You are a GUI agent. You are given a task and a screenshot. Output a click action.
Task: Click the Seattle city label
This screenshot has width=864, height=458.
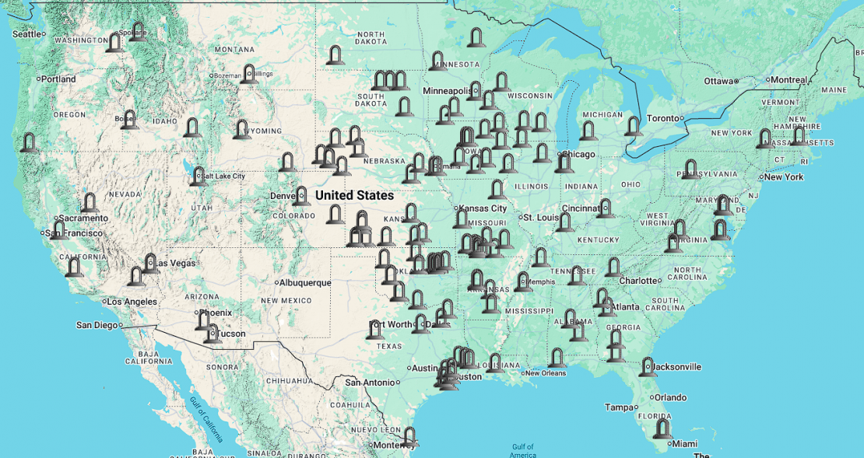pos(26,33)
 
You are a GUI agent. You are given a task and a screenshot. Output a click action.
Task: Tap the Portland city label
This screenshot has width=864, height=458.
pos(59,79)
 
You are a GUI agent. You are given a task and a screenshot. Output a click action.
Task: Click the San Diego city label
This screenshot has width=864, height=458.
pos(97,324)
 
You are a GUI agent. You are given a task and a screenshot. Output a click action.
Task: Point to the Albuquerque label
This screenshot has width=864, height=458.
pos(305,282)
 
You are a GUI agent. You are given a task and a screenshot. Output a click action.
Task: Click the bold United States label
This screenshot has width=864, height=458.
pos(354,195)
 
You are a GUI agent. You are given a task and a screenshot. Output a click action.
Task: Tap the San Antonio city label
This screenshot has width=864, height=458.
pos(370,382)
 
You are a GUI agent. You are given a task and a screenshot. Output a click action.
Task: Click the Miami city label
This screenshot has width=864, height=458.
pos(685,443)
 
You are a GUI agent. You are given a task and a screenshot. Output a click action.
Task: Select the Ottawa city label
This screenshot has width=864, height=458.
pos(718,81)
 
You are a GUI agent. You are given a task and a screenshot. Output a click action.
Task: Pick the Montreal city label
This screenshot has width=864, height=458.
pos(789,79)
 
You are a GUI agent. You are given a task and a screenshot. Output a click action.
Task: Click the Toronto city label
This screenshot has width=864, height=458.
pos(663,118)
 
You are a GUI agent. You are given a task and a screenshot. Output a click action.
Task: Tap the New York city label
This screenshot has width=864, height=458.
pos(783,177)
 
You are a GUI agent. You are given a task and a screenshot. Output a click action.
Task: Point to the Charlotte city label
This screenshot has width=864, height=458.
pos(638,281)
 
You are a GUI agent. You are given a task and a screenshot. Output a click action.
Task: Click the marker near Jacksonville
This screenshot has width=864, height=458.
pos(648,367)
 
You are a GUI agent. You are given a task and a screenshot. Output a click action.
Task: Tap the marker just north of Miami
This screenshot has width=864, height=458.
pos(662,428)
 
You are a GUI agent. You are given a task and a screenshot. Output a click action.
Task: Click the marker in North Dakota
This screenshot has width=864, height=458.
pos(335,55)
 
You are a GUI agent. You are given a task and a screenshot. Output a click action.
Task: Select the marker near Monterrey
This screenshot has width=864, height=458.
pos(408,438)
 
